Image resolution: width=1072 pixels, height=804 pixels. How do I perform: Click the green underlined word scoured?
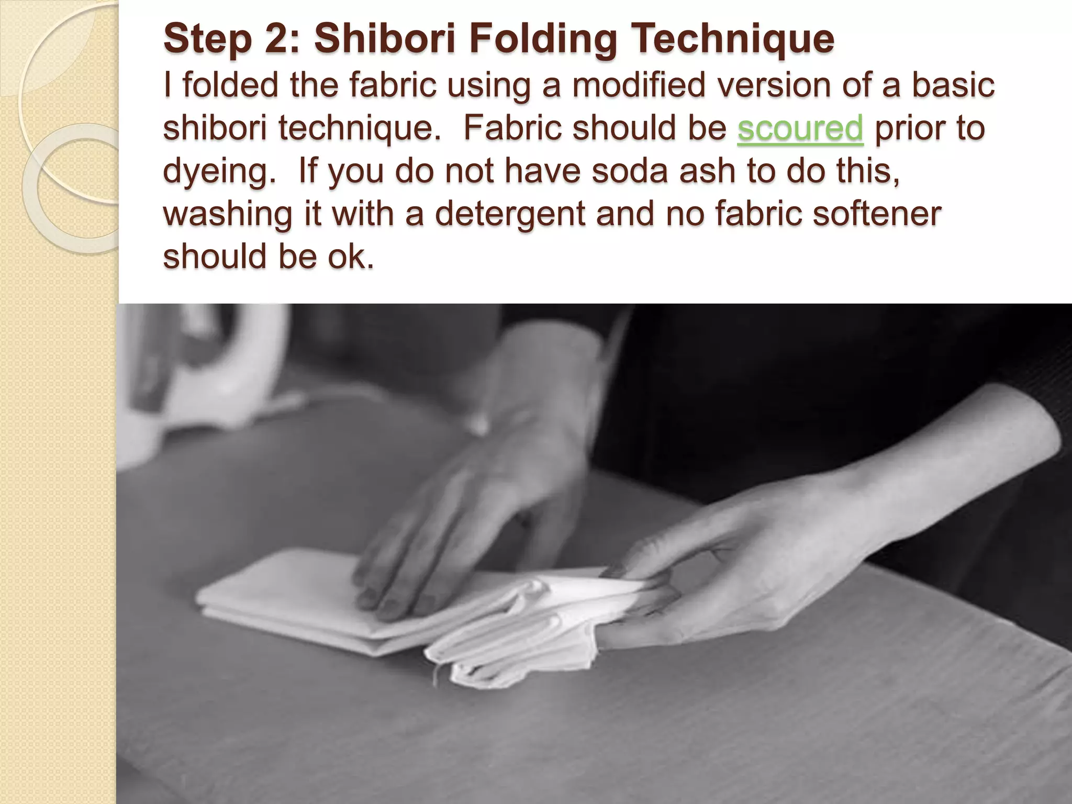tap(799, 129)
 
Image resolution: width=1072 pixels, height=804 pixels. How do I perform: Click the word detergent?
tap(510, 215)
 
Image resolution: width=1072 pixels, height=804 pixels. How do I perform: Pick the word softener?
tap(880, 215)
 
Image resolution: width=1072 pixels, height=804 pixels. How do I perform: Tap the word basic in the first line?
tap(953, 86)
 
